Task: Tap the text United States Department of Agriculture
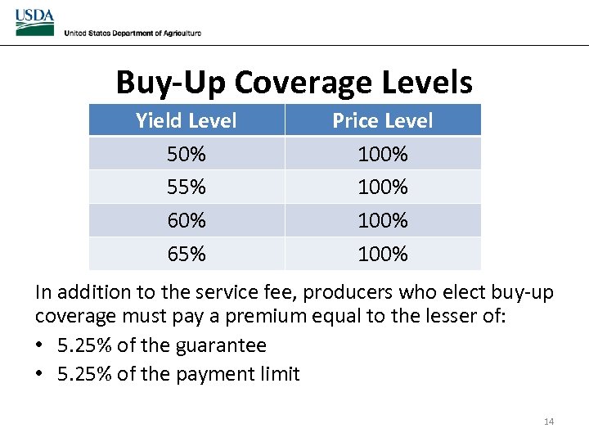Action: pos(133,33)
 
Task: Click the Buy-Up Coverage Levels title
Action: pos(294,83)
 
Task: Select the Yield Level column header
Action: pos(187,121)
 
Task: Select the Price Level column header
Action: pos(382,121)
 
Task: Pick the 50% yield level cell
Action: pos(187,154)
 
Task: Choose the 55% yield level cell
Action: pos(187,187)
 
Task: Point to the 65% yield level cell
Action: pos(187,255)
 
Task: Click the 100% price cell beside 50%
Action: pos(382,154)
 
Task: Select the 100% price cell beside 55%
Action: pos(382,187)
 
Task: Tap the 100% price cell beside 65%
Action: pos(382,255)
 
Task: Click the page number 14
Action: pos(548,422)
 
